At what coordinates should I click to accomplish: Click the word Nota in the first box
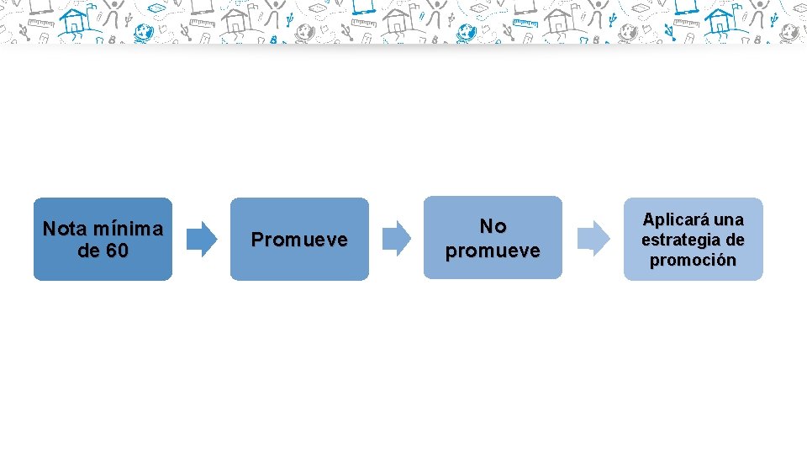(65, 229)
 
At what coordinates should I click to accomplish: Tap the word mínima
(128, 229)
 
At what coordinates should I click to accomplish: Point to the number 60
(118, 251)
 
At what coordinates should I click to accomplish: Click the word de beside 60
(88, 251)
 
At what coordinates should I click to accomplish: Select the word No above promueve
(493, 226)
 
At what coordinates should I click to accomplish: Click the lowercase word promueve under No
(493, 251)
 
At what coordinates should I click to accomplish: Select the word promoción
(693, 261)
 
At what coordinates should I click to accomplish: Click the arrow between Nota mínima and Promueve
(201, 239)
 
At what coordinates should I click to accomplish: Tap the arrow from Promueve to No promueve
(397, 239)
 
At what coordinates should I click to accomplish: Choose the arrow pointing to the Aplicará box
(594, 239)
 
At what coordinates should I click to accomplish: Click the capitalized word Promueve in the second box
(299, 240)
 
